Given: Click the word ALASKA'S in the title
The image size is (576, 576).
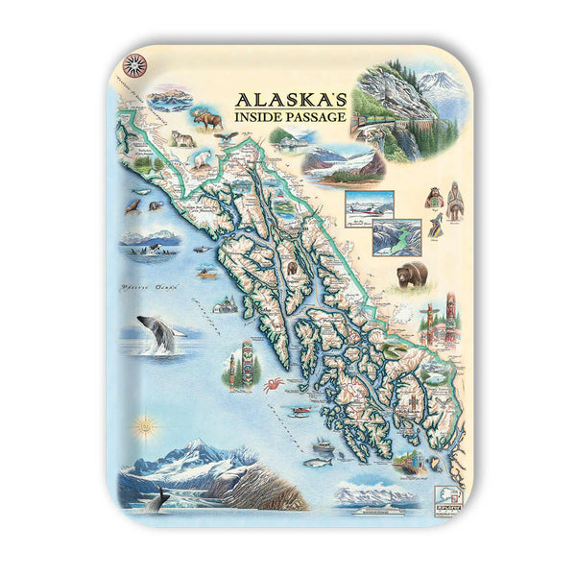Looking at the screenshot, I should click(x=280, y=99).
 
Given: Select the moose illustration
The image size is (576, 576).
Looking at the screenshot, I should click(x=206, y=118).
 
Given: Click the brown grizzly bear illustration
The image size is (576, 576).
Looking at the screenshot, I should click(x=413, y=275).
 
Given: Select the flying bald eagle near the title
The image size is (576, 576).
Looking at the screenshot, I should click(x=227, y=137).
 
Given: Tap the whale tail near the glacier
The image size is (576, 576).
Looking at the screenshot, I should click(x=160, y=498).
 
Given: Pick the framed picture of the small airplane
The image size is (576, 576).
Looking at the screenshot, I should click(x=370, y=204).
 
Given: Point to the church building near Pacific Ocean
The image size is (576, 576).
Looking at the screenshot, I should click(x=227, y=305).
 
